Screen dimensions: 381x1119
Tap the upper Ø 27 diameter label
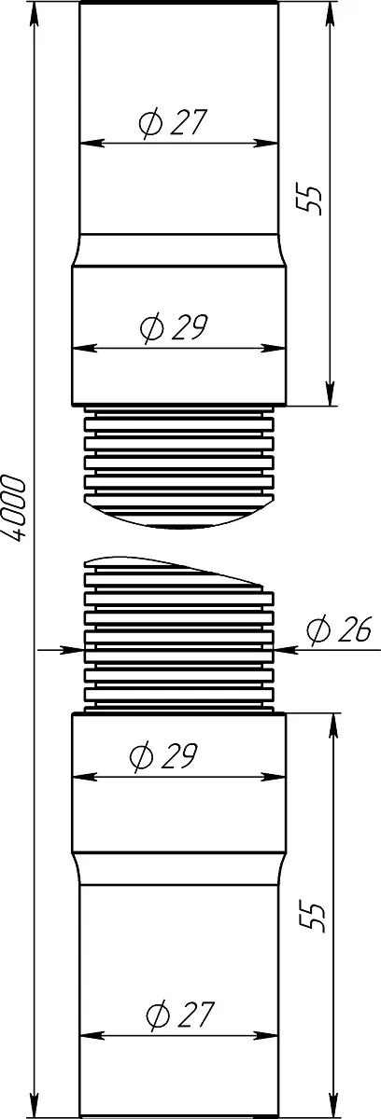(173, 123)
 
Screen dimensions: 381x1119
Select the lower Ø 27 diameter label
(179, 1015)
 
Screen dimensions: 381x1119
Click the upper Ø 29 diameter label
(174, 327)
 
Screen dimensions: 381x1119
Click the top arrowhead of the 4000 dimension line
(35, 14)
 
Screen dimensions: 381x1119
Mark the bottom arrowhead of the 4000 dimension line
(35, 1105)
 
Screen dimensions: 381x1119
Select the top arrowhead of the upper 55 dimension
(330, 14)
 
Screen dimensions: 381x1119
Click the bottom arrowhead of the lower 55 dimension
(333, 1105)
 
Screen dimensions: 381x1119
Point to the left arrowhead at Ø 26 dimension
(72, 650)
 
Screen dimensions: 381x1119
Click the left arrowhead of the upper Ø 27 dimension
(92, 144)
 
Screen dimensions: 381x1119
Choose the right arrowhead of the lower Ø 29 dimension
(274, 777)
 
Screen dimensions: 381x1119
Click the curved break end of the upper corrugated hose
(179, 517)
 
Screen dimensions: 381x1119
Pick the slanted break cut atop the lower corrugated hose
(175, 569)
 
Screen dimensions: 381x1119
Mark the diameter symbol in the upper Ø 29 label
(152, 327)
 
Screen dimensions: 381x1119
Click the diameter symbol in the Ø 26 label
(318, 629)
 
